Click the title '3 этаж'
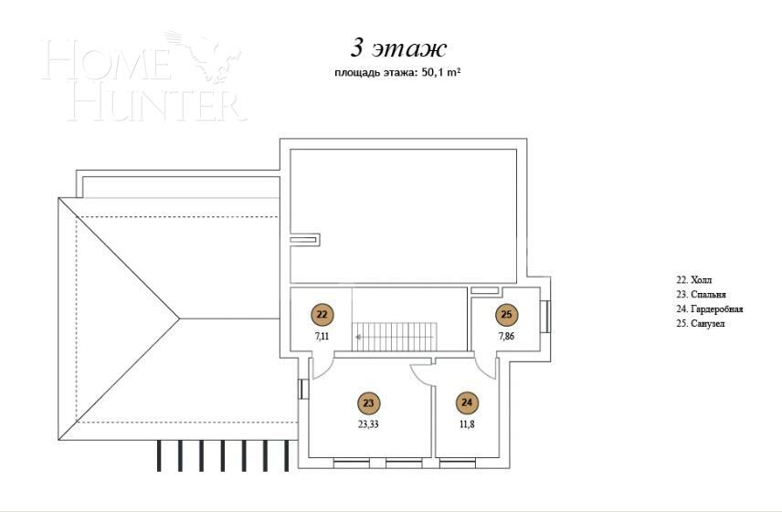[x=398, y=47]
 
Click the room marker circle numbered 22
[x=322, y=315]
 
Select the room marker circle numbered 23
[x=368, y=402]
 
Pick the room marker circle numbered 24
[x=467, y=402]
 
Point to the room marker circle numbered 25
[x=507, y=315]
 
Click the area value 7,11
[x=322, y=336]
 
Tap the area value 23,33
[x=368, y=423]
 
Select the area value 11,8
[x=467, y=423]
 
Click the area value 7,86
[x=507, y=336]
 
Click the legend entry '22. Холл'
[x=692, y=280]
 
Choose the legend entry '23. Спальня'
[x=701, y=295]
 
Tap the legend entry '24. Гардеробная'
[x=709, y=309]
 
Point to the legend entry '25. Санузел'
[x=700, y=324]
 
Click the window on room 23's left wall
[x=302, y=389]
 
